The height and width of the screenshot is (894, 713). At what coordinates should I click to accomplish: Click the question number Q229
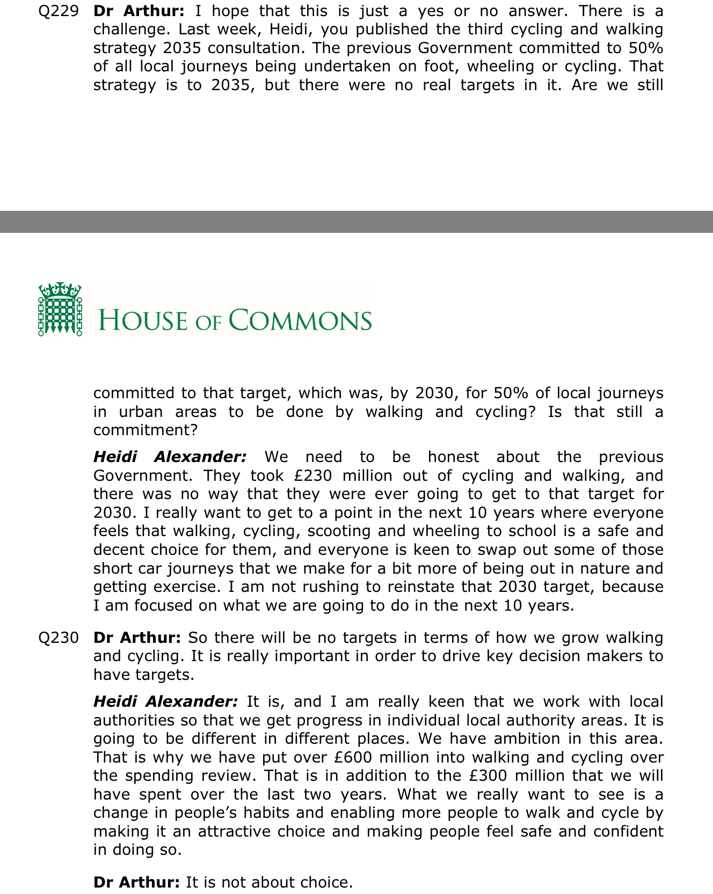pos(59,11)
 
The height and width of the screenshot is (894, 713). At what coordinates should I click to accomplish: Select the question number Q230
pos(59,638)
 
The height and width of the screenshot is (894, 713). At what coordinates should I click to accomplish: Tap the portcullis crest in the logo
pos(60,310)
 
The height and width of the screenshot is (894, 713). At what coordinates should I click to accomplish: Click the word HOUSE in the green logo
pos(143,320)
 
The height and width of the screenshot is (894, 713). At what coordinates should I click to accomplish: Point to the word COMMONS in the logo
pos(300,320)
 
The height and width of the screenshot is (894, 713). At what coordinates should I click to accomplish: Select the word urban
pos(141,412)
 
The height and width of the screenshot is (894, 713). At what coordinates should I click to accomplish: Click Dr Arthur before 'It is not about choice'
pos(136,883)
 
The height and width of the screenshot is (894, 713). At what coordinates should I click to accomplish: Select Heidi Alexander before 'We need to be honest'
pos(170,457)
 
